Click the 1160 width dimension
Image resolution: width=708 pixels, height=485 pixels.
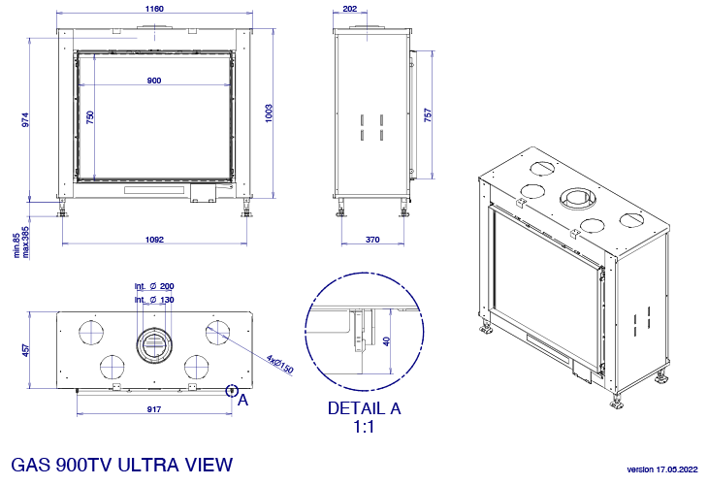(154, 9)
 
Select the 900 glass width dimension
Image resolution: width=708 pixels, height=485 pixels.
(154, 81)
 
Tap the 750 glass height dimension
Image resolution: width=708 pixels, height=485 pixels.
(90, 117)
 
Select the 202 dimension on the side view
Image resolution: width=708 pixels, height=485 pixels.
(349, 9)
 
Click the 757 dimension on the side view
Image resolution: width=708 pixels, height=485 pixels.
(428, 114)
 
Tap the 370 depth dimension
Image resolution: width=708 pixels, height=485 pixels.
(372, 240)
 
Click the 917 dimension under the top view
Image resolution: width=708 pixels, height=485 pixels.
(153, 409)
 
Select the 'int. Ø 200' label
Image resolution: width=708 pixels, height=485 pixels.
(154, 286)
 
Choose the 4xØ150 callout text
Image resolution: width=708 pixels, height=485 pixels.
(280, 364)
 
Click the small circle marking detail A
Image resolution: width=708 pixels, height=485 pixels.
(232, 391)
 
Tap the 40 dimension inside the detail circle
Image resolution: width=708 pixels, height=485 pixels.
(387, 341)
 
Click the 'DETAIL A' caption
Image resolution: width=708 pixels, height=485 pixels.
(364, 408)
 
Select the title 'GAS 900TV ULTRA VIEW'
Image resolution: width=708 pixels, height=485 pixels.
(121, 465)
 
